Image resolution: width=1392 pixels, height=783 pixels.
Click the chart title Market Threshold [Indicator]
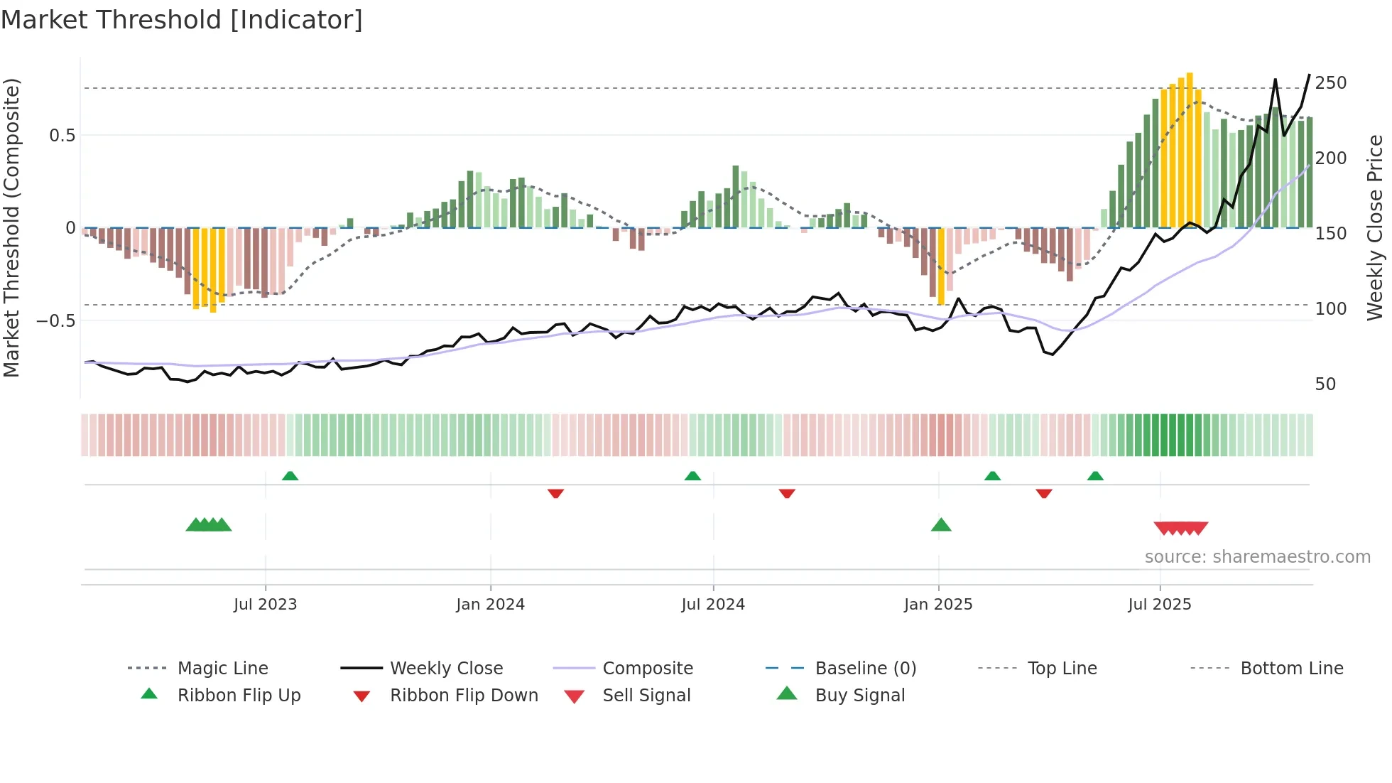coord(182,20)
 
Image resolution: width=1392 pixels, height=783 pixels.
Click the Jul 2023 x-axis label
coord(265,605)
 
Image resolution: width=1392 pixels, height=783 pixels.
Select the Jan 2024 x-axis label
coord(490,605)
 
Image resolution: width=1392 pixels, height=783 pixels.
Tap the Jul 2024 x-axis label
coord(713,605)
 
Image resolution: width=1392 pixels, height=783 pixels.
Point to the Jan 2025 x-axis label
coord(938,605)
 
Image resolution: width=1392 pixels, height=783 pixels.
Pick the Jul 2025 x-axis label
coord(1160,605)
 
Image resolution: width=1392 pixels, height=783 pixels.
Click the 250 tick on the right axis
coord(1330,83)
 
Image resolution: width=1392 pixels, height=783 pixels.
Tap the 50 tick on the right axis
coord(1325,384)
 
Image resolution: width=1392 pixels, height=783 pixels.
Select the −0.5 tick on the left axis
coord(56,321)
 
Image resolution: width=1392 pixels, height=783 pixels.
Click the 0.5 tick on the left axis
coord(62,136)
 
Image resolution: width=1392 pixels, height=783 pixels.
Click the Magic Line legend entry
coord(222,669)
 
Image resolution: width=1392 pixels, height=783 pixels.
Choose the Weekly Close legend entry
coord(446,669)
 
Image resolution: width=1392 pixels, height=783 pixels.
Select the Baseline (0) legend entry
coord(865,669)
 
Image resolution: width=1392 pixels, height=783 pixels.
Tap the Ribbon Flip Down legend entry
coord(464,696)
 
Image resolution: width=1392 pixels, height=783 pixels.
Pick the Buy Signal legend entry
coord(859,696)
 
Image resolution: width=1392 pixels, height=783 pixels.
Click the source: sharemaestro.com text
coord(1257,557)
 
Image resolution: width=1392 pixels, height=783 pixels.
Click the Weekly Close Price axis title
coord(1375,227)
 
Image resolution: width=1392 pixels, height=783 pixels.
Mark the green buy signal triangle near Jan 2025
coord(941,525)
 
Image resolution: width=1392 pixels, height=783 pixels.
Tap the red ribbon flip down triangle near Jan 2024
coord(555,493)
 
